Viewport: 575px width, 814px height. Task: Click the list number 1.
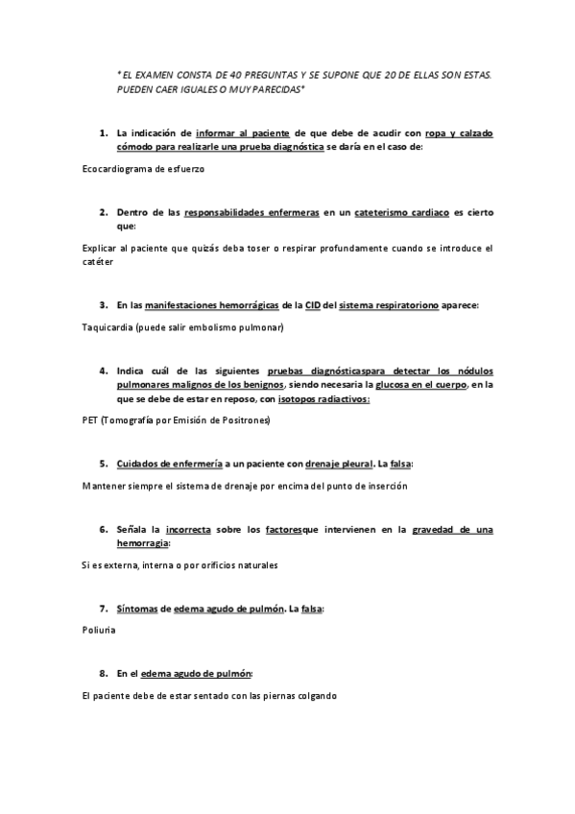[103, 132]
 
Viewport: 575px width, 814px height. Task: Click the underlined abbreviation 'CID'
[314, 304]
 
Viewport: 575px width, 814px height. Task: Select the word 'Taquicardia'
[108, 327]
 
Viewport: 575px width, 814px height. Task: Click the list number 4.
[103, 370]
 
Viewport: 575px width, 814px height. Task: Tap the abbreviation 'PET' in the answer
[91, 419]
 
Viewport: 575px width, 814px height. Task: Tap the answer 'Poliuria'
[99, 632]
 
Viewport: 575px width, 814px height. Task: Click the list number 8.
[103, 674]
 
